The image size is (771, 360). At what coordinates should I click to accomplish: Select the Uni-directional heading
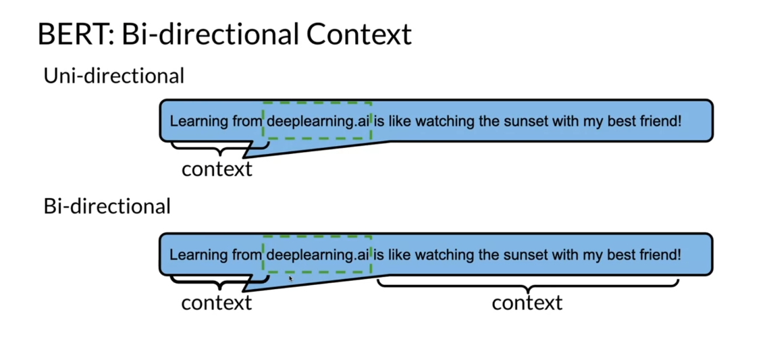pos(113,76)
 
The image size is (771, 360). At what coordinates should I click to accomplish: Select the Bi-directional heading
pos(107,206)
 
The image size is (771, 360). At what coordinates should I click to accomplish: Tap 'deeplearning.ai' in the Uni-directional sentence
pos(317,122)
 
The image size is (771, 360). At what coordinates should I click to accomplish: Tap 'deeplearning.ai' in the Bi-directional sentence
pos(317,255)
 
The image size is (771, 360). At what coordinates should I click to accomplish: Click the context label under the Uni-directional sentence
pos(216,169)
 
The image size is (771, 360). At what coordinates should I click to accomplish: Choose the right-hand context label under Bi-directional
pos(527,303)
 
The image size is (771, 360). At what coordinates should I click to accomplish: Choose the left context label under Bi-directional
pos(216,303)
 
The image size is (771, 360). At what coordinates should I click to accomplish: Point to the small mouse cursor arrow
pos(291,278)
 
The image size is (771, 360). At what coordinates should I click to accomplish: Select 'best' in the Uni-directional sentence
pos(614,122)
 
